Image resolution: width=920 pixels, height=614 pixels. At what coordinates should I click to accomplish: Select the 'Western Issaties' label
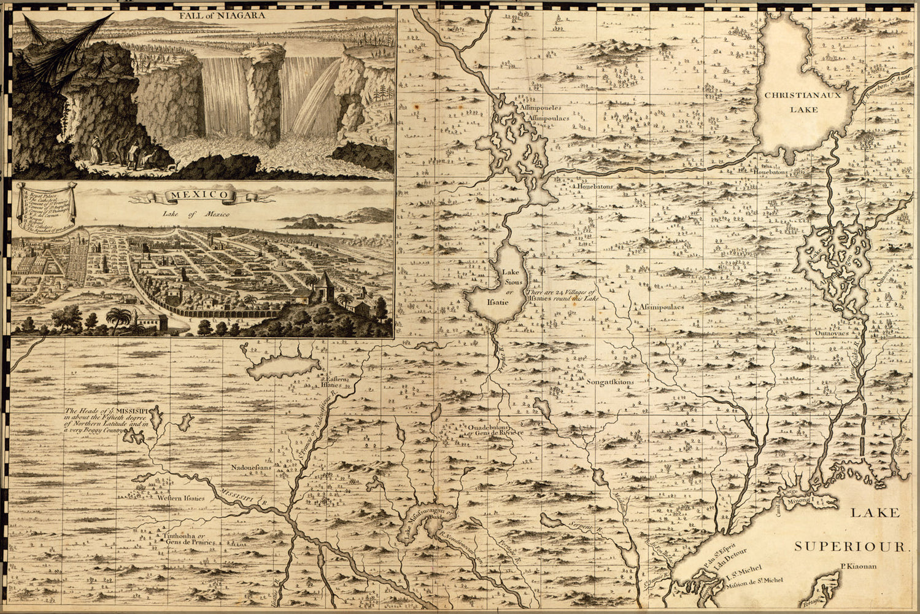[180, 498]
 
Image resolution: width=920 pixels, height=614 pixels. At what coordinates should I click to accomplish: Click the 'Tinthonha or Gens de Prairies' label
[188, 539]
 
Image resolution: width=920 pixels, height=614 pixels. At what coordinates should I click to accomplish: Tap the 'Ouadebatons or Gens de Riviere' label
[493, 429]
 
